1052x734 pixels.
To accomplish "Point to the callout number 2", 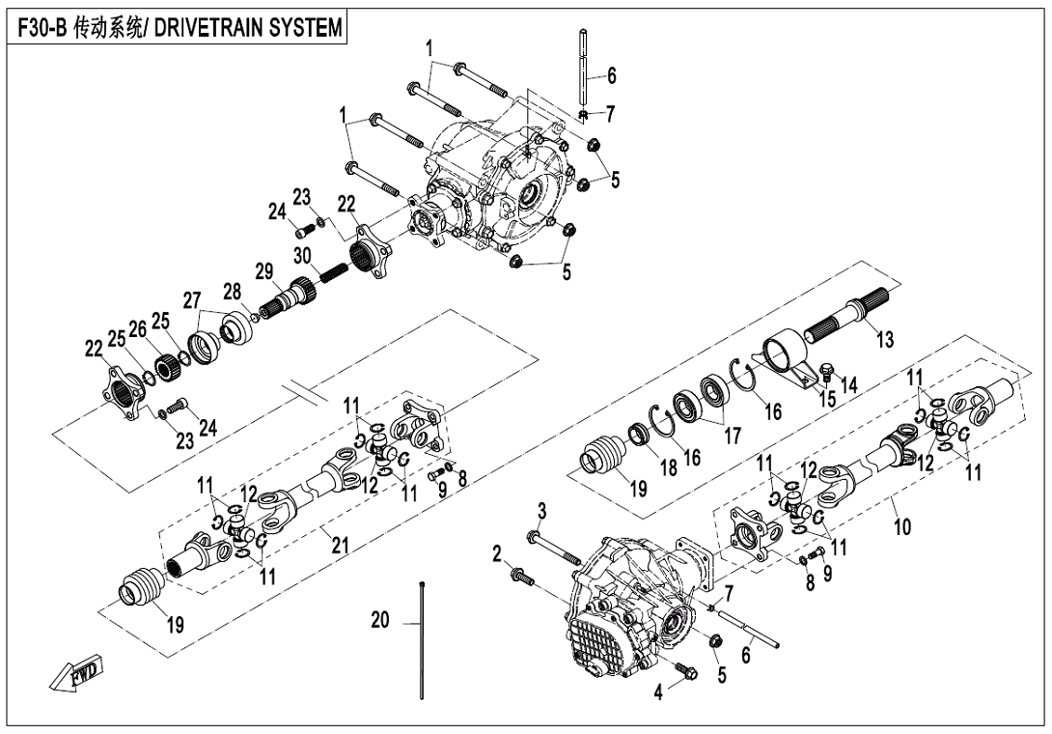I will pyautogui.click(x=496, y=553).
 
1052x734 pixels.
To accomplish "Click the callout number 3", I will pyautogui.click(x=542, y=509).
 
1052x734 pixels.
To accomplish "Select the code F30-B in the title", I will pyautogui.click(x=44, y=28).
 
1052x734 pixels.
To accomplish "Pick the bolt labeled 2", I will pyautogui.click(x=521, y=576).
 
